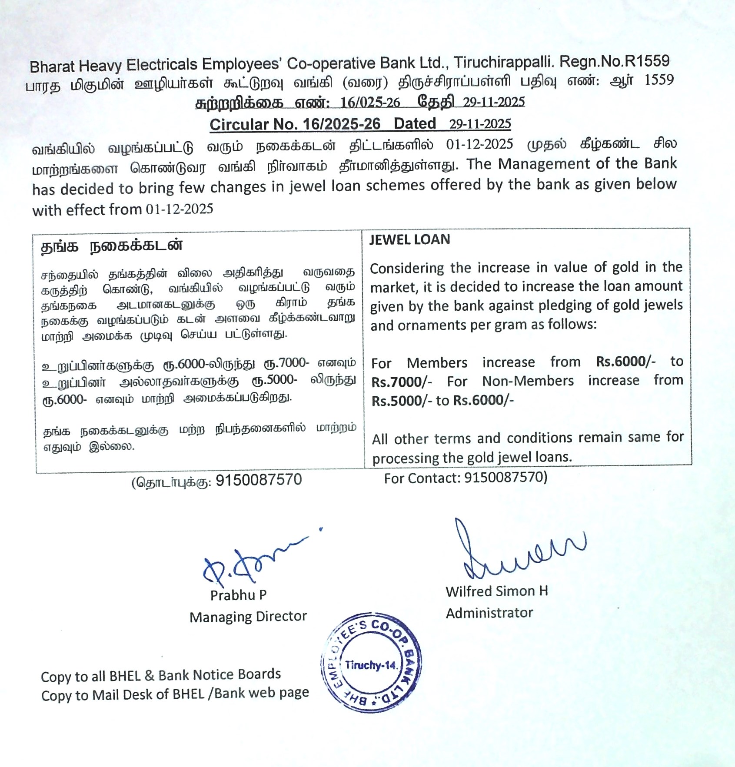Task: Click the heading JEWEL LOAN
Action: (409, 239)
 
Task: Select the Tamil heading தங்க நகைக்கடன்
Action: (112, 246)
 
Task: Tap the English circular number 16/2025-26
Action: (342, 124)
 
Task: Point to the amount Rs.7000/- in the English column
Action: (402, 382)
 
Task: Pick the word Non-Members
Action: (528, 381)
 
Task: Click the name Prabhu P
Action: (238, 595)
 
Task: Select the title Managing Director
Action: (248, 617)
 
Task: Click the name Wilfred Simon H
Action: (496, 591)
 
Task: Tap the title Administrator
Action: (489, 613)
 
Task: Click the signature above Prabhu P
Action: (248, 563)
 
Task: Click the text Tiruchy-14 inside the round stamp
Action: (371, 665)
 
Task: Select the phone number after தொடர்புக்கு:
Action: (259, 480)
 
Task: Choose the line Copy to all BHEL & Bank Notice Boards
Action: (161, 675)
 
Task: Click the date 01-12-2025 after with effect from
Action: (180, 209)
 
